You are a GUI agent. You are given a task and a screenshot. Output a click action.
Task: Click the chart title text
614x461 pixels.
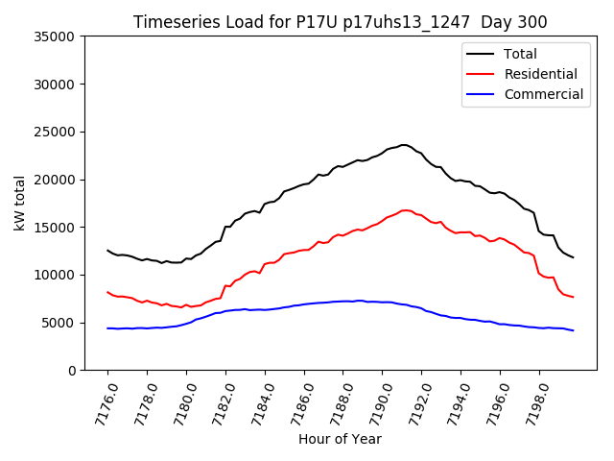340,22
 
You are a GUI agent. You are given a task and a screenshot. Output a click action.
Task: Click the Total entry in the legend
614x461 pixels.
520,54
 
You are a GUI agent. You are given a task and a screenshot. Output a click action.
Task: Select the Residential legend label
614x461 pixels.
541,74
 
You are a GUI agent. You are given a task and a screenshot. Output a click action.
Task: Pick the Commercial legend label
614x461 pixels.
543,94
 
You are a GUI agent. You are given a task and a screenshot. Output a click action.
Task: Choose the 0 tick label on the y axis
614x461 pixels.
72,371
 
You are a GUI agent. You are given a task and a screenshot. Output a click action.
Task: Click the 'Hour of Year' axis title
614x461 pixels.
340,439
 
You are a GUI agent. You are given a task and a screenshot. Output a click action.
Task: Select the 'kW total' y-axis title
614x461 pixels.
19,204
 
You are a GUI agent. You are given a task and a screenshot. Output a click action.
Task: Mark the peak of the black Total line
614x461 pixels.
404,145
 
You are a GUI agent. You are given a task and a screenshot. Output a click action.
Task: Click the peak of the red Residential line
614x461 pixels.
405,209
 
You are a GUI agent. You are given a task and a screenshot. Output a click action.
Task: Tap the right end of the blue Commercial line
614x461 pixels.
574,330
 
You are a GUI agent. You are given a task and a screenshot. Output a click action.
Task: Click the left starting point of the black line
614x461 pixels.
107,250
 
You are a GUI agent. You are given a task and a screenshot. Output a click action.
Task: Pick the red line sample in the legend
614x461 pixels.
483,74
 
